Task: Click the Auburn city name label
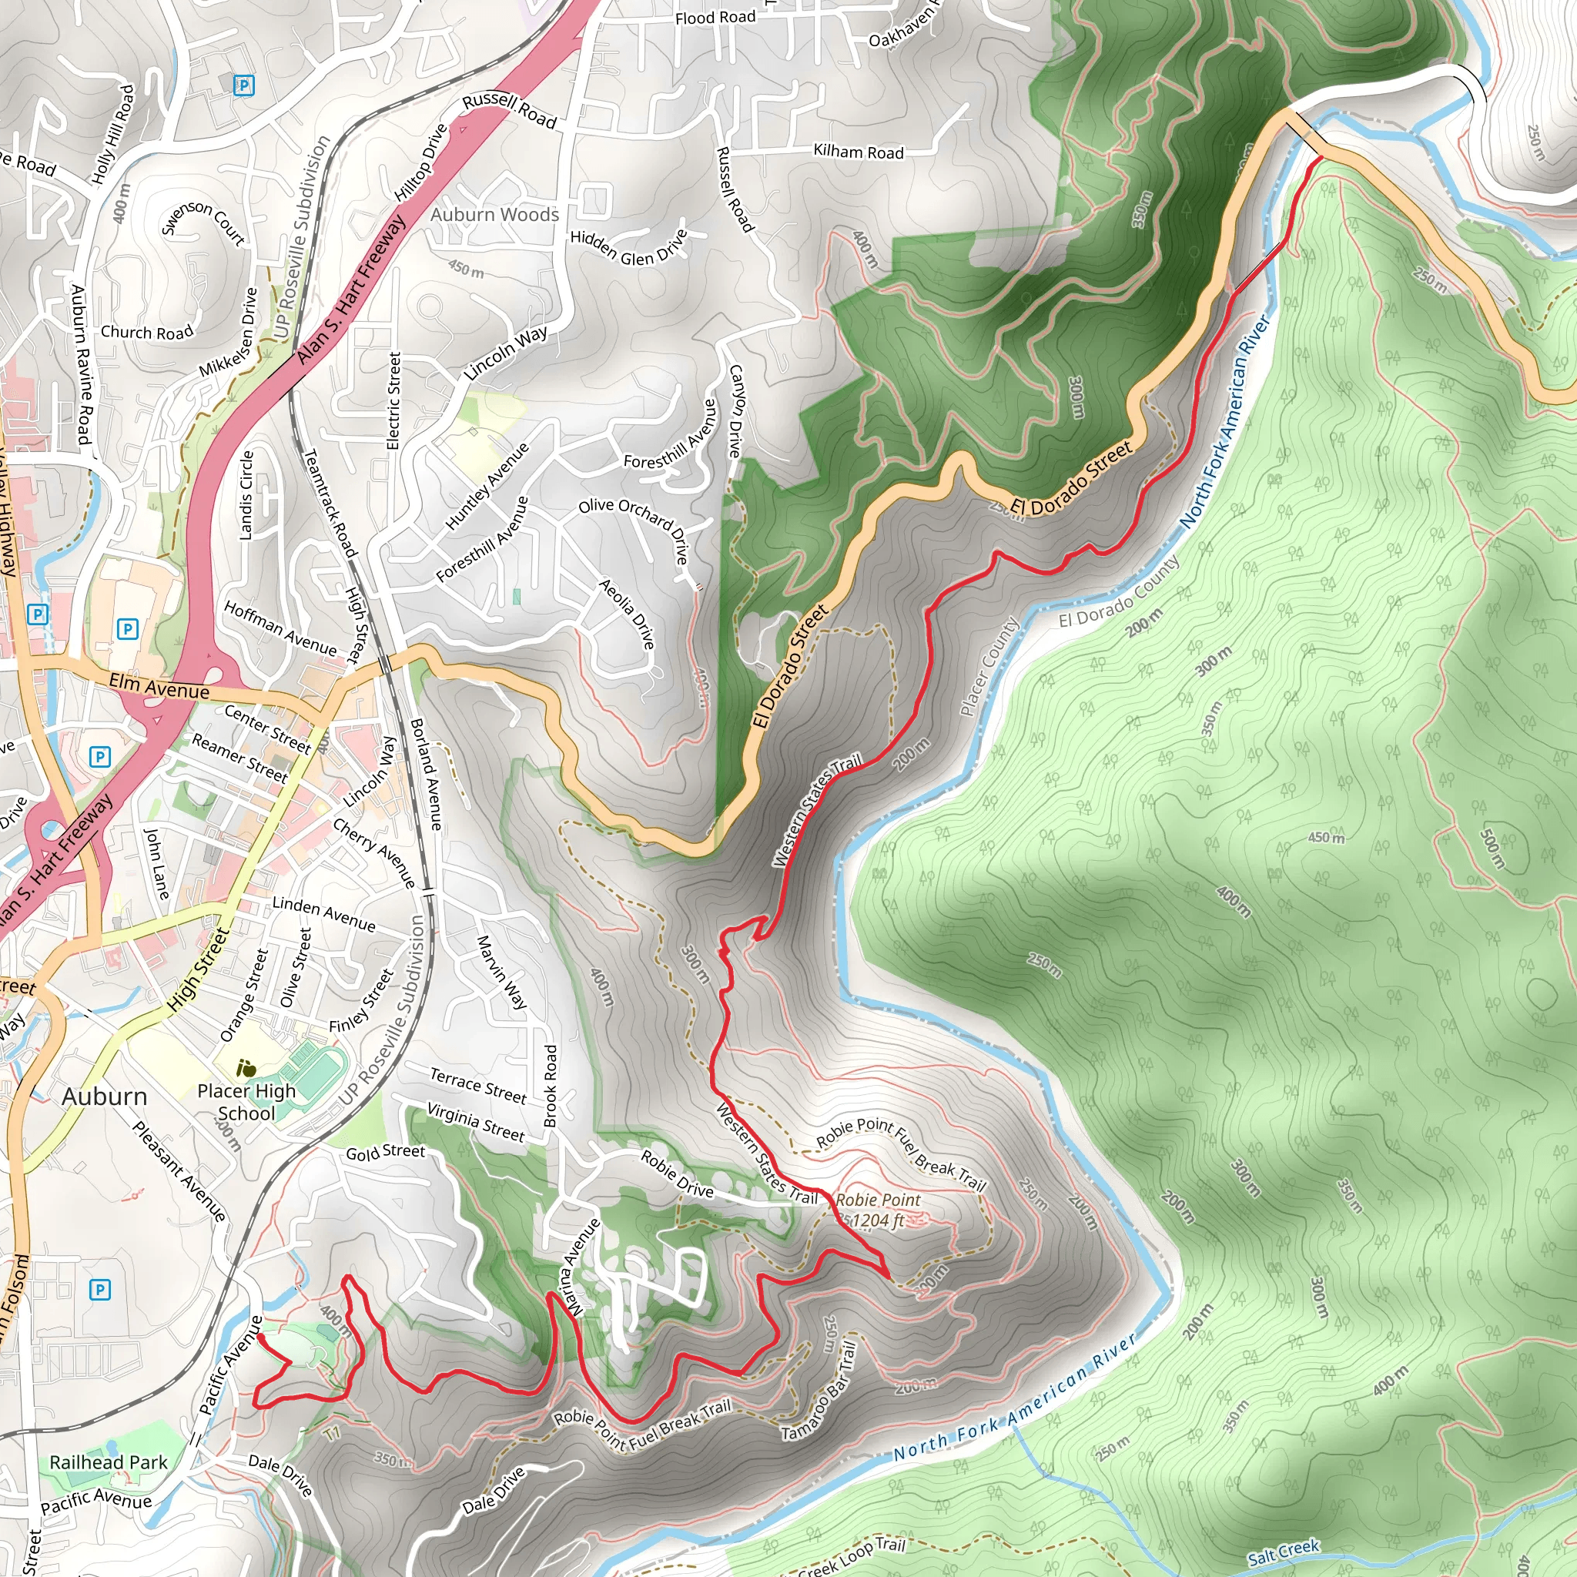(x=105, y=1097)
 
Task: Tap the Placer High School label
(x=246, y=1102)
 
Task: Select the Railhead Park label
(x=109, y=1462)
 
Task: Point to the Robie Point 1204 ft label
(x=878, y=1210)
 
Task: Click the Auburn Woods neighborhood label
(x=494, y=215)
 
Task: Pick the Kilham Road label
(x=858, y=152)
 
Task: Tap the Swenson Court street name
(x=203, y=222)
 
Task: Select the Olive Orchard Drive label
(x=635, y=530)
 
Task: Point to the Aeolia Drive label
(x=627, y=614)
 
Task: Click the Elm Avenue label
(x=159, y=686)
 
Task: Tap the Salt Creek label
(x=1283, y=1552)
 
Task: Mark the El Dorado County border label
(x=1120, y=592)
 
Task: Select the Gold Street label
(x=385, y=1152)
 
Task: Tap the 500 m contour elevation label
(x=1492, y=849)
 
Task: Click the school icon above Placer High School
(x=246, y=1068)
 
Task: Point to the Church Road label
(x=147, y=332)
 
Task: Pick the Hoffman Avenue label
(x=280, y=628)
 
